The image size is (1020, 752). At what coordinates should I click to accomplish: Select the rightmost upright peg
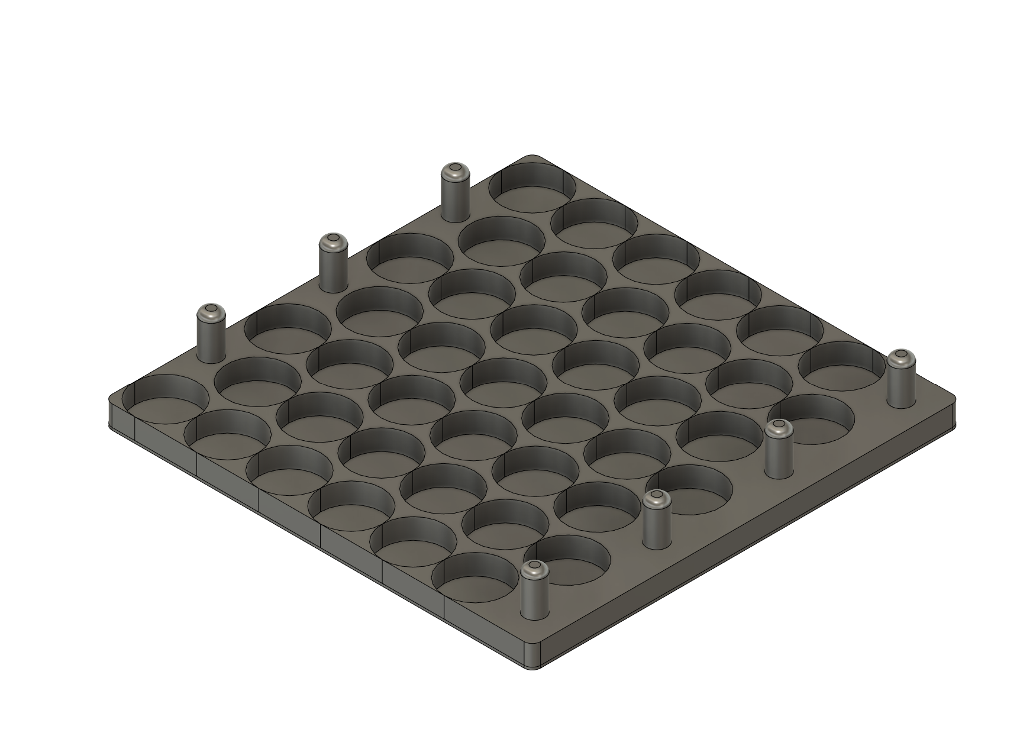click(x=900, y=380)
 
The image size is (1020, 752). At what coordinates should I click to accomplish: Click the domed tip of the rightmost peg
click(x=900, y=357)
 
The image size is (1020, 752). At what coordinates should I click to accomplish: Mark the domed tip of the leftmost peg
click(x=211, y=311)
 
